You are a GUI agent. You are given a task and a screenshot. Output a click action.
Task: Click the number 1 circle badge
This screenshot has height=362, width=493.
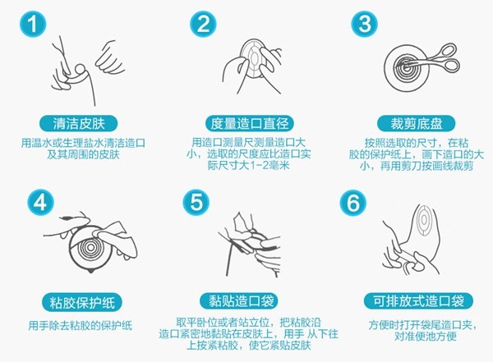click(27, 25)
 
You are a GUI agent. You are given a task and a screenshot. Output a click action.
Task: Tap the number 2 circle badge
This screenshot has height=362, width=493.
click(204, 25)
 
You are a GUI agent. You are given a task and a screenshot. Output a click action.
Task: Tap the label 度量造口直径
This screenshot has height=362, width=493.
click(246, 124)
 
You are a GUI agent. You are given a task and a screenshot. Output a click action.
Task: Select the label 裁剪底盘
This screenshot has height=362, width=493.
click(409, 124)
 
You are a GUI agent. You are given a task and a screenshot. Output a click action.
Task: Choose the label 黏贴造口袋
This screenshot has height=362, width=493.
click(246, 300)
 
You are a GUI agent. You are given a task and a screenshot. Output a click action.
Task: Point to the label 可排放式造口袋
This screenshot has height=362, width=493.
click(409, 300)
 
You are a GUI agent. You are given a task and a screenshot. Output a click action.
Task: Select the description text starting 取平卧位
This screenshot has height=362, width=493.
click(245, 337)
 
